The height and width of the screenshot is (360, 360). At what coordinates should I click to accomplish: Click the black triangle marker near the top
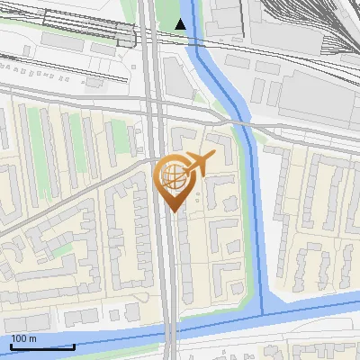(182, 24)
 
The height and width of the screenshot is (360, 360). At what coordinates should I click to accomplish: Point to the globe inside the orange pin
(171, 174)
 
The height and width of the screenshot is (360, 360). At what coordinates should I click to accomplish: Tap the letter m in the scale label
(33, 338)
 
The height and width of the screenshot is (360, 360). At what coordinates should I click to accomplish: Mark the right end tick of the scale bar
(74, 346)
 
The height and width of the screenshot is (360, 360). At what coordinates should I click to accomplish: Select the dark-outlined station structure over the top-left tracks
(126, 36)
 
